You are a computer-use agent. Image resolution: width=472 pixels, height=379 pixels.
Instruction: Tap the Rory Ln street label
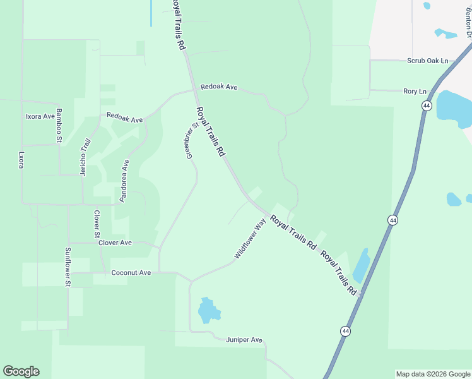pos(415,92)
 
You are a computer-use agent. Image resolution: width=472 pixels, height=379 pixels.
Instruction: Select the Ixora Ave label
pos(40,117)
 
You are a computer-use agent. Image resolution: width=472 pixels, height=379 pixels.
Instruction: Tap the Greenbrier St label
pos(192,140)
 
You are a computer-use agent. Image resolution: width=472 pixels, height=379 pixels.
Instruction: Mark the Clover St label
pos(97,224)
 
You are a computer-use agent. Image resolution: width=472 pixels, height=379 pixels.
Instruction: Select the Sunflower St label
pos(68,267)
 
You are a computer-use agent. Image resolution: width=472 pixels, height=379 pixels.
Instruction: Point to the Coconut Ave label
pos(131,273)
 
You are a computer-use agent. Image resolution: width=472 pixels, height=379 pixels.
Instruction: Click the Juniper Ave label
pos(244,340)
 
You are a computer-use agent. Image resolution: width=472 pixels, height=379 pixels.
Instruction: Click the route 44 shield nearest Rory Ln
pos(427,106)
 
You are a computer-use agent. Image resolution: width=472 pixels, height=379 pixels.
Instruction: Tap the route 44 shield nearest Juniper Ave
pos(345,331)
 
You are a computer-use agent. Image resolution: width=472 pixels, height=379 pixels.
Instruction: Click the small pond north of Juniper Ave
pos(208,311)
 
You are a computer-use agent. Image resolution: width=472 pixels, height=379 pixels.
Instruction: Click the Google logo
pos(21,371)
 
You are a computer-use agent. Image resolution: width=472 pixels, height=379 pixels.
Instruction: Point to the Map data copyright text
pos(433,374)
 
